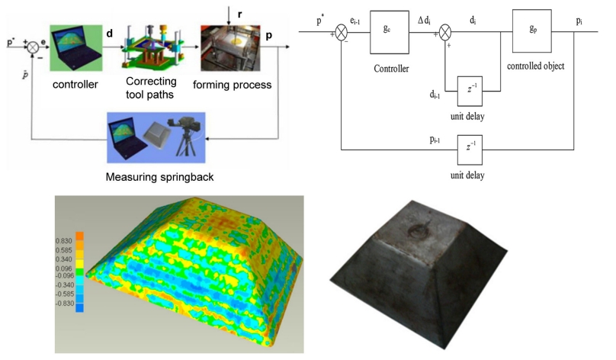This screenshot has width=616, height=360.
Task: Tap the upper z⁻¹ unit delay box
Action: tap(470, 89)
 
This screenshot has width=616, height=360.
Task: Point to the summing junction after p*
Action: tap(342, 32)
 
